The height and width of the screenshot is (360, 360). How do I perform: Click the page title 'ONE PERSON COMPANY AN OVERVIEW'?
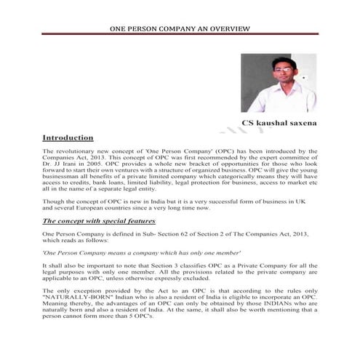[180, 29]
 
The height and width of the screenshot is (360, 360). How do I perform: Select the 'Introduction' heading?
[68, 137]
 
